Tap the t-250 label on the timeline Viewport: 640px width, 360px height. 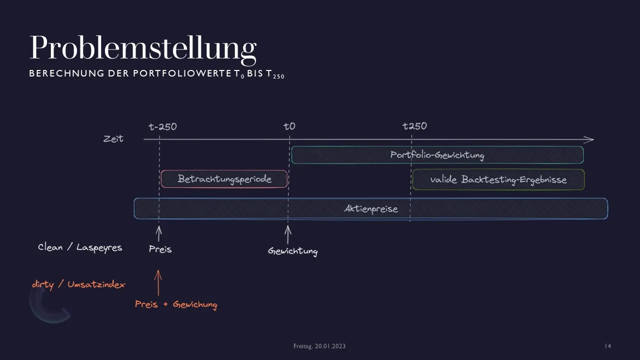point(162,126)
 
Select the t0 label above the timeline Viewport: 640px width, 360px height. point(289,126)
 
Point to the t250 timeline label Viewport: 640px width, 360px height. point(414,125)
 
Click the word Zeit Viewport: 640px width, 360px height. point(113,138)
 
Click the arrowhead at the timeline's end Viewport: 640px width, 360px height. point(589,139)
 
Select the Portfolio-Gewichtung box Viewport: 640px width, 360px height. point(437,155)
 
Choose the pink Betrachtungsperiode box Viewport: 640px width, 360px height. point(224,179)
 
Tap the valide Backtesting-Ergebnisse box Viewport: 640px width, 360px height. point(498,179)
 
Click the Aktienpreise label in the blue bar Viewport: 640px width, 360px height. point(371,209)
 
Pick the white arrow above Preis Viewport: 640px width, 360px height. point(159,233)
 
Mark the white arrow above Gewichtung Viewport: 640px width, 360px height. point(288,234)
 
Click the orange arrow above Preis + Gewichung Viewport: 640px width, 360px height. point(158,282)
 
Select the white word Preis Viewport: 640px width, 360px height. point(160,249)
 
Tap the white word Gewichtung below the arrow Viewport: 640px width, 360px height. point(293,251)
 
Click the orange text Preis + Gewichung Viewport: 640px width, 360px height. point(176,304)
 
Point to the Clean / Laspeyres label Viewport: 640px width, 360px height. point(80,247)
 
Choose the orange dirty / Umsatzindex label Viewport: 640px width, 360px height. point(78,284)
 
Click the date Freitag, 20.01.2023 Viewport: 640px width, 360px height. point(319,346)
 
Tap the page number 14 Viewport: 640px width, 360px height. point(607,346)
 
